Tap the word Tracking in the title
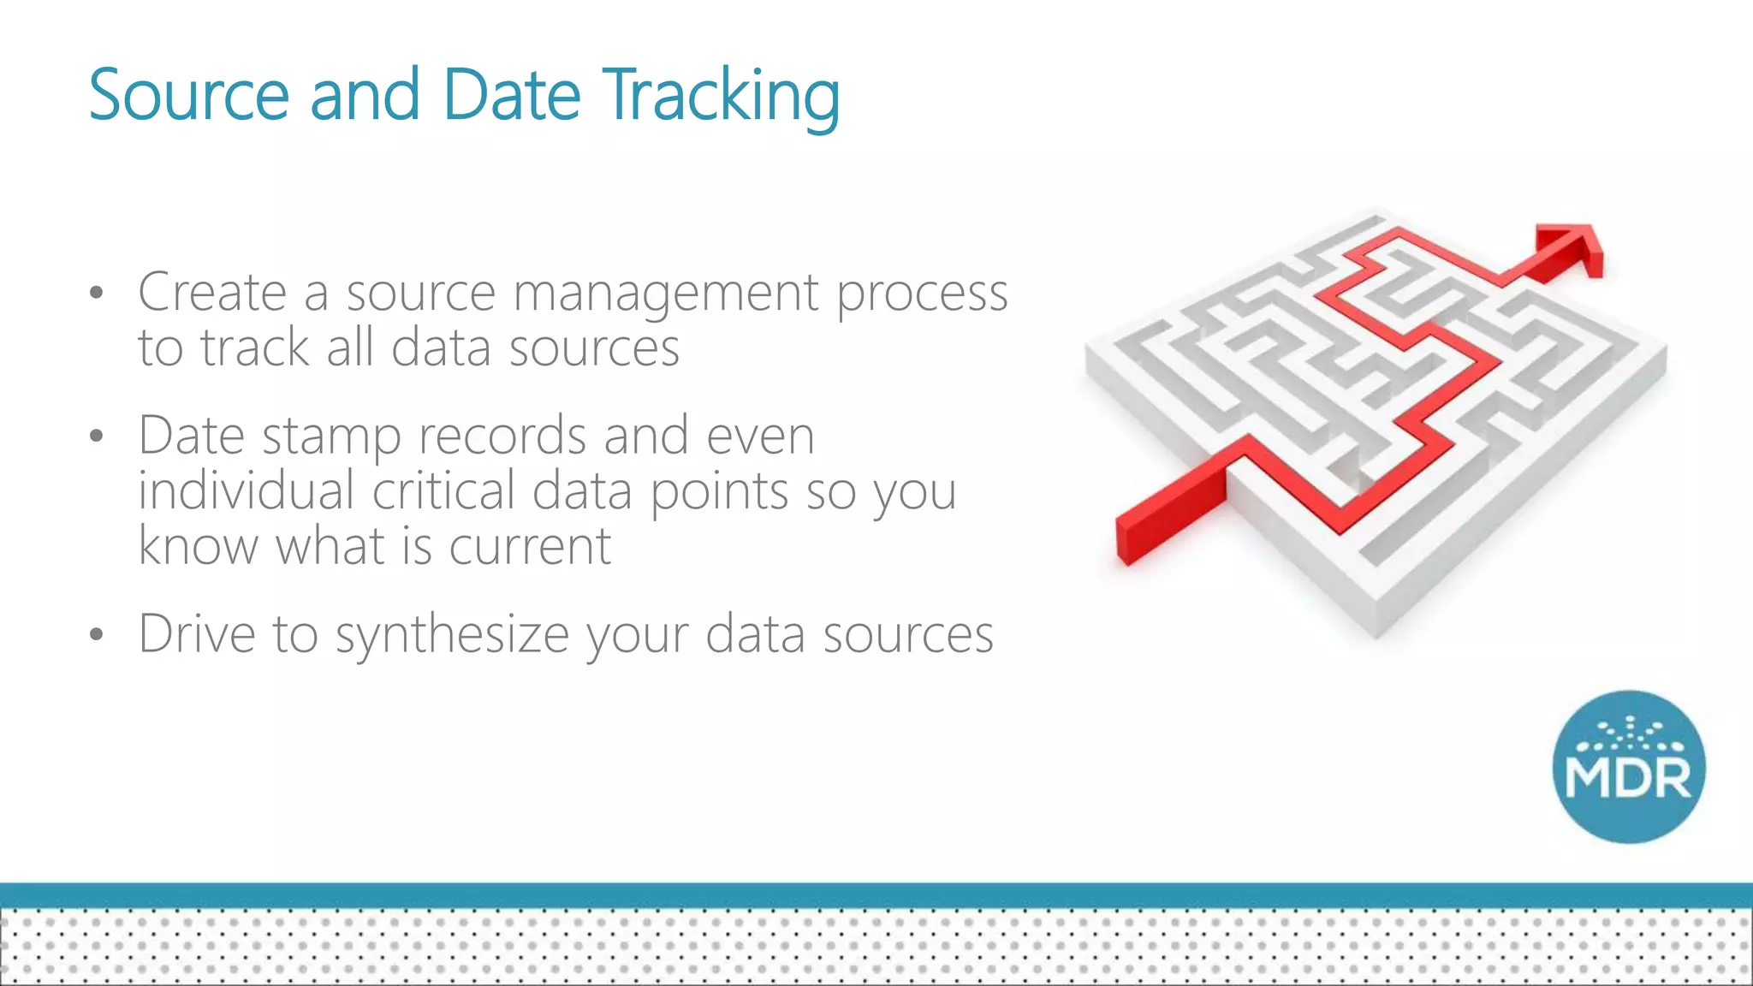721,96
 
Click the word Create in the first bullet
211,293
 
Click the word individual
246,491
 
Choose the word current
530,547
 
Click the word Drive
197,634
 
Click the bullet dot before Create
96,294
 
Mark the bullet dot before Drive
96,635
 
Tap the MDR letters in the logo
1628,779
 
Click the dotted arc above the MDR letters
1629,734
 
